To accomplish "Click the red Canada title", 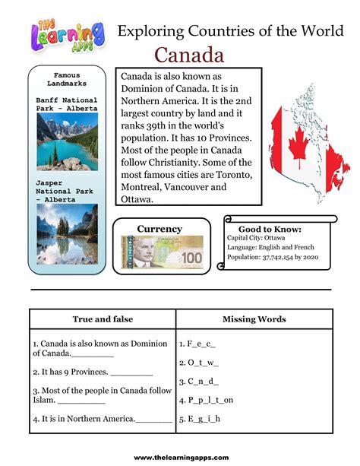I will [x=189, y=55].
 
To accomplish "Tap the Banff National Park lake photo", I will [x=67, y=141].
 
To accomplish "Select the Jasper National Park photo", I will [x=67, y=233].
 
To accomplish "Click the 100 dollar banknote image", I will [x=162, y=253].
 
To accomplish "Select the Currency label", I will [x=159, y=228].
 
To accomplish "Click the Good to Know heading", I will [x=270, y=228].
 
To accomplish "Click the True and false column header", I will [x=103, y=319].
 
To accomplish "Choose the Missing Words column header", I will [x=254, y=319].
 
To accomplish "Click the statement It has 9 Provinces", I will [x=70, y=372].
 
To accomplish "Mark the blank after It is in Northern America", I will [x=155, y=419].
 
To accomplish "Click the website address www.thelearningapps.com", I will [x=181, y=457].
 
